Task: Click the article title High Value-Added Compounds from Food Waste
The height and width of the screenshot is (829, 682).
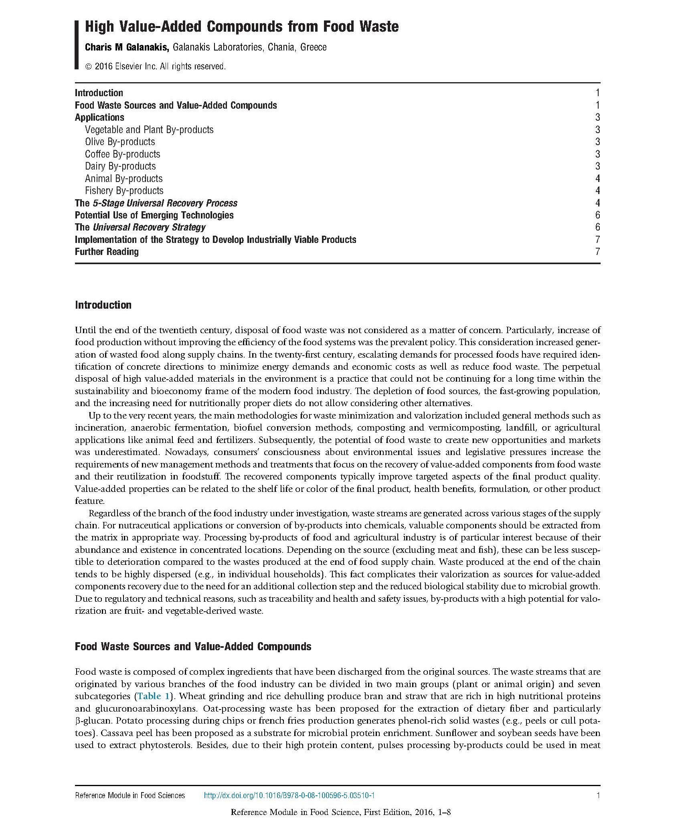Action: coord(241,27)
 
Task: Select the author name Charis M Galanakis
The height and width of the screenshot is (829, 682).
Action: coord(128,47)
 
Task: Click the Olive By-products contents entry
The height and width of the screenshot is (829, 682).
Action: coord(120,142)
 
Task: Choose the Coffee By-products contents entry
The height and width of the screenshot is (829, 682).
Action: coord(122,154)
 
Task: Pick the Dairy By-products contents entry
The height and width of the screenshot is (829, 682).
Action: coord(120,166)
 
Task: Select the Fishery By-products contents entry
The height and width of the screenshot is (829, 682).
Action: coord(124,191)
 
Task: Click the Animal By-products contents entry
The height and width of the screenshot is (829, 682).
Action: coord(123,179)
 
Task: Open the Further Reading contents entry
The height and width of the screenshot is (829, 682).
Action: coord(107,252)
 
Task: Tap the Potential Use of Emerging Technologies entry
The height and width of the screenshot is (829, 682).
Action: coord(154,215)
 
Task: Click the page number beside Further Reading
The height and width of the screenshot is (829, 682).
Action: coord(597,252)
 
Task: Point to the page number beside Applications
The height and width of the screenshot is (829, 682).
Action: coord(597,117)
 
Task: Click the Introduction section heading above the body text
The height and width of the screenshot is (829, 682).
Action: coord(103,305)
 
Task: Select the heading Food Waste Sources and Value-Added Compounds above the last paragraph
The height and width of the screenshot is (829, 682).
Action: coord(193,647)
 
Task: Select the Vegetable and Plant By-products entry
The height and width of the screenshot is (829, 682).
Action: coord(149,130)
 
